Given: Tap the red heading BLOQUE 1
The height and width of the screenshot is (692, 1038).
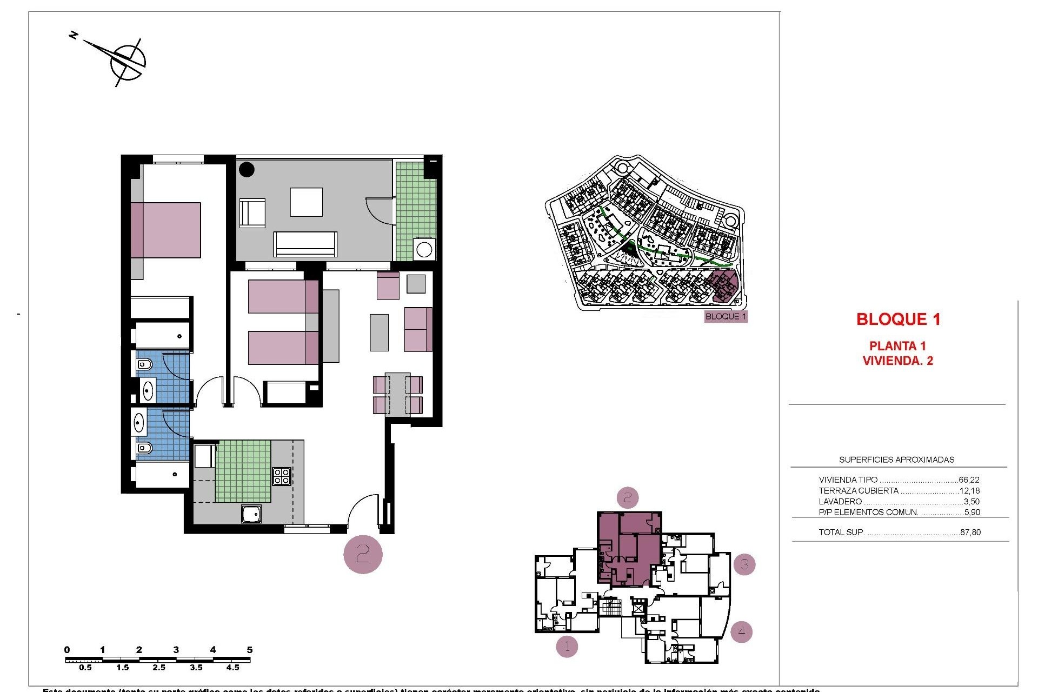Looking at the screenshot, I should (898, 320).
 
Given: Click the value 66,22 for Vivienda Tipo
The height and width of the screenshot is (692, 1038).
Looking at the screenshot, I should (969, 480).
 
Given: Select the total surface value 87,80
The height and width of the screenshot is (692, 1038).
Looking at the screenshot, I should (970, 532).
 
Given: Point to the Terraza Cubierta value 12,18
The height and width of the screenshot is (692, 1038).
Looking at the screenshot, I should (969, 491).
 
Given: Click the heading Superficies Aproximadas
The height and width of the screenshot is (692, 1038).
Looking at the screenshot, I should (896, 460).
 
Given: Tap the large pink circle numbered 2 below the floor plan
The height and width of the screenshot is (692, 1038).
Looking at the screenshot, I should (363, 554).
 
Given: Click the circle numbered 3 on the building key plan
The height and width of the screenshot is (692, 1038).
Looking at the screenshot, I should (744, 564).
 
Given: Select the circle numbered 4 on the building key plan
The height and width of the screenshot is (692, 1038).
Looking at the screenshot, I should (741, 631).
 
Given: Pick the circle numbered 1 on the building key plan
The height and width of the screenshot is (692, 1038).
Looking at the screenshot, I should (567, 646).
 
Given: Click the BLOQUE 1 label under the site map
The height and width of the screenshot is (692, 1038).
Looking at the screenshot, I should (726, 317).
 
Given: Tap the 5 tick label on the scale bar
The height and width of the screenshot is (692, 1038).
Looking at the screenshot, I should (249, 650).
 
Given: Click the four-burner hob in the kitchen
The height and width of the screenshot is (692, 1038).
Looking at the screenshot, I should (282, 476).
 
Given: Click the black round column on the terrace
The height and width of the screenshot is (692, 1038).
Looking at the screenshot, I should (247, 169).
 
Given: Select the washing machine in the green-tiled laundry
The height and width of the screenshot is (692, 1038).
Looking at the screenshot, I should (424, 250).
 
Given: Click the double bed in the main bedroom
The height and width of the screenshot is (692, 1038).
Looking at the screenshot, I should (165, 230).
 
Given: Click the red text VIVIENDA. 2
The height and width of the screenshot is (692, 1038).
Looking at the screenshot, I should (897, 361).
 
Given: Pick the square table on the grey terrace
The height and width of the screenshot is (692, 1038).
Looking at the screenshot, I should (307, 202).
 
